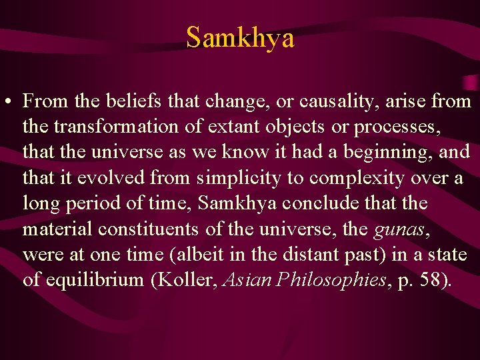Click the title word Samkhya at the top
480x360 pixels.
240,37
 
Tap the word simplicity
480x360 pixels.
232,178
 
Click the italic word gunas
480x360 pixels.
397,229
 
